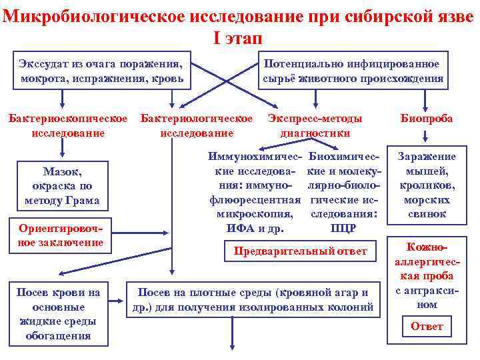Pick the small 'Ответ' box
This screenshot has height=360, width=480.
[x=427, y=327]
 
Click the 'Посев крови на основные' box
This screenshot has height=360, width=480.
[x=59, y=313]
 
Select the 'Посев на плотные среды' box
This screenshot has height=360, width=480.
[x=253, y=300]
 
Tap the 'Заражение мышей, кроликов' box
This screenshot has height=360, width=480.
[x=427, y=185]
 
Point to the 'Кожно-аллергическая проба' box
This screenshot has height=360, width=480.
[x=427, y=275]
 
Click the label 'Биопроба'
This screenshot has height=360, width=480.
[x=427, y=119]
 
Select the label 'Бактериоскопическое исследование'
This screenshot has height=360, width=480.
[x=67, y=125]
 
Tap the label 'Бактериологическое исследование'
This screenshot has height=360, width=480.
[x=197, y=125]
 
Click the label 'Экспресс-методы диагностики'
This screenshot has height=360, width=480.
[x=315, y=125]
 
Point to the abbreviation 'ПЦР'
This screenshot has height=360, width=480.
[x=343, y=229]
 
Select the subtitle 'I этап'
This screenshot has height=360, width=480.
[x=239, y=37]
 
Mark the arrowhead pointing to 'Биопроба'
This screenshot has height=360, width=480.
[x=427, y=105]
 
